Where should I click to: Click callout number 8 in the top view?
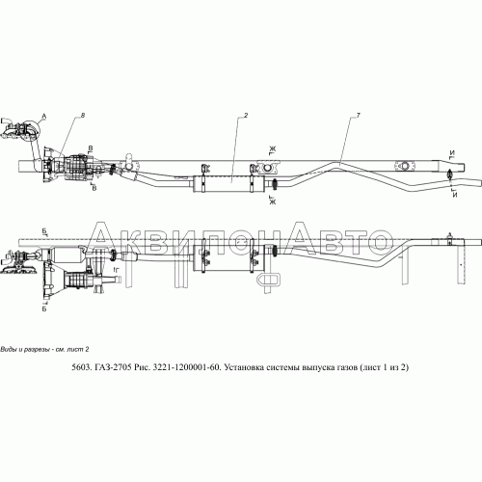(x=84, y=116)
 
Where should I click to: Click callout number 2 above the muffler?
(x=247, y=116)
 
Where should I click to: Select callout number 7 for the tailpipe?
(x=358, y=116)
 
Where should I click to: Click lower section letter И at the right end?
(x=452, y=195)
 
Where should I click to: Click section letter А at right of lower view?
(x=448, y=234)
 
